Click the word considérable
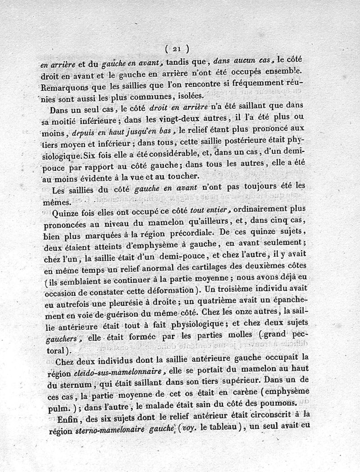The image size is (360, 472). [167, 154]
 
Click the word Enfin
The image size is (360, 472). [63, 417]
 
